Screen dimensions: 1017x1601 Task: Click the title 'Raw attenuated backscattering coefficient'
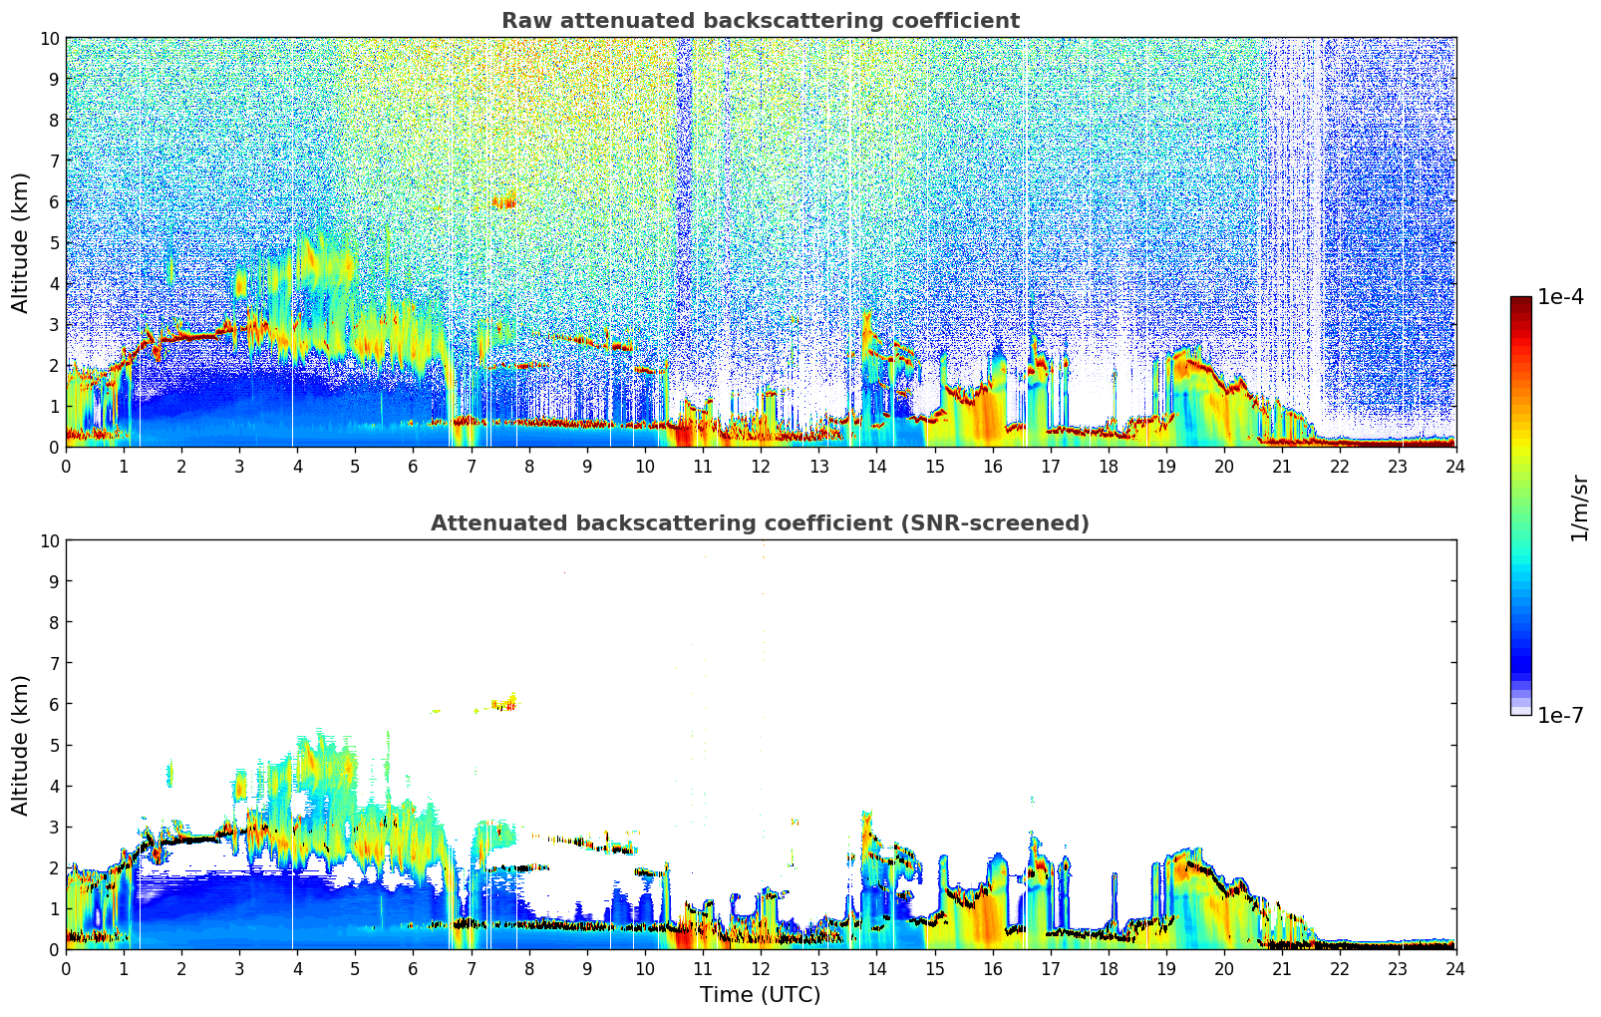(x=760, y=21)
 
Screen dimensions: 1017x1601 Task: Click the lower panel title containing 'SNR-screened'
(x=760, y=523)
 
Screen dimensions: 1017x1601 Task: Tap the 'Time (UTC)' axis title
(x=760, y=995)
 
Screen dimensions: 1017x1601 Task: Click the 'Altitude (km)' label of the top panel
(x=21, y=242)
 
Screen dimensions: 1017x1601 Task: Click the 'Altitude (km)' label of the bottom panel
(x=21, y=745)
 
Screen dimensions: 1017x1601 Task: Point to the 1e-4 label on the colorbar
(x=1560, y=297)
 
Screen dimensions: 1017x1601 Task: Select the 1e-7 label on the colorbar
(x=1560, y=715)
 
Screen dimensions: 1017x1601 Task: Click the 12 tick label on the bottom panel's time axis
(x=761, y=968)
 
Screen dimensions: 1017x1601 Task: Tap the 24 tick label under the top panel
(x=1455, y=466)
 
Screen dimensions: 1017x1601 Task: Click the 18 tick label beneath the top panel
(x=1108, y=466)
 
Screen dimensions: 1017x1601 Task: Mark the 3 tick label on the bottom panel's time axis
(x=239, y=968)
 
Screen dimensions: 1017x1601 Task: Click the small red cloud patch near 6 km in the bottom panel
(x=504, y=705)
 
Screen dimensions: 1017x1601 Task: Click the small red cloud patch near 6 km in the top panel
(x=504, y=202)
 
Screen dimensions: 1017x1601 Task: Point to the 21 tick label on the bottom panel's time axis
(x=1281, y=968)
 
